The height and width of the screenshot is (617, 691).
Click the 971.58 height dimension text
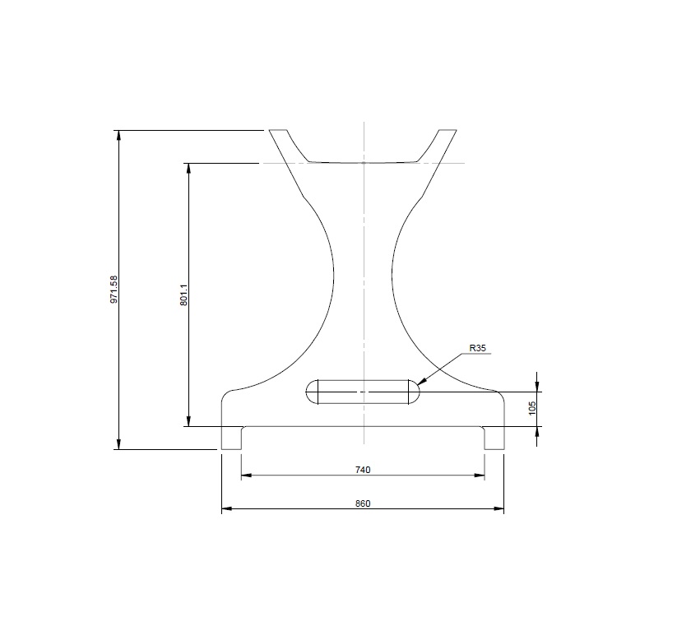tap(114, 290)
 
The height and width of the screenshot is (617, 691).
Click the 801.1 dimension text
tap(184, 295)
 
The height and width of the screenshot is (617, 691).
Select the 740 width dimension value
tap(363, 470)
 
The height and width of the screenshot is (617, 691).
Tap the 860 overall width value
tap(363, 503)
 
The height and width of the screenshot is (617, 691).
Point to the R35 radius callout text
tap(478, 349)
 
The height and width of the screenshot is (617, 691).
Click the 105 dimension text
tap(532, 408)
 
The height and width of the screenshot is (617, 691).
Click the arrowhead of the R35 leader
tap(420, 383)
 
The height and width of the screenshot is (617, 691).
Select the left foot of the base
tap(231, 438)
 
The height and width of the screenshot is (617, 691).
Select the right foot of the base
tap(494, 438)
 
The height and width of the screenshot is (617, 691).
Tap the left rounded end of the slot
tap(312, 392)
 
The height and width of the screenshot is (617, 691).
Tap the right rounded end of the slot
tap(412, 392)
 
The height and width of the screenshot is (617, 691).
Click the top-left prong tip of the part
tap(278, 131)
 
